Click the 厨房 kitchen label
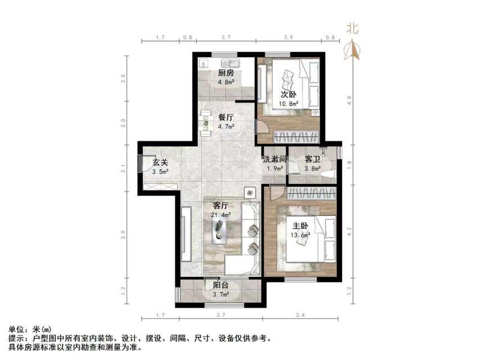coord(226,73)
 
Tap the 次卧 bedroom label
coord(289,94)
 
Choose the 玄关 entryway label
coord(160,163)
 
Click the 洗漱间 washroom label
coord(275,159)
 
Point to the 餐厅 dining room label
coord(226,118)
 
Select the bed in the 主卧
coord(306,239)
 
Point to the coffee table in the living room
coord(218,231)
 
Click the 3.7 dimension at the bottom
coord(220,315)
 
